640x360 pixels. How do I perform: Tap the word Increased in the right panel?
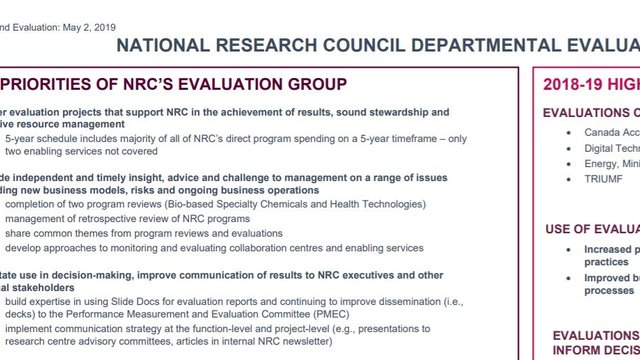611,249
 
